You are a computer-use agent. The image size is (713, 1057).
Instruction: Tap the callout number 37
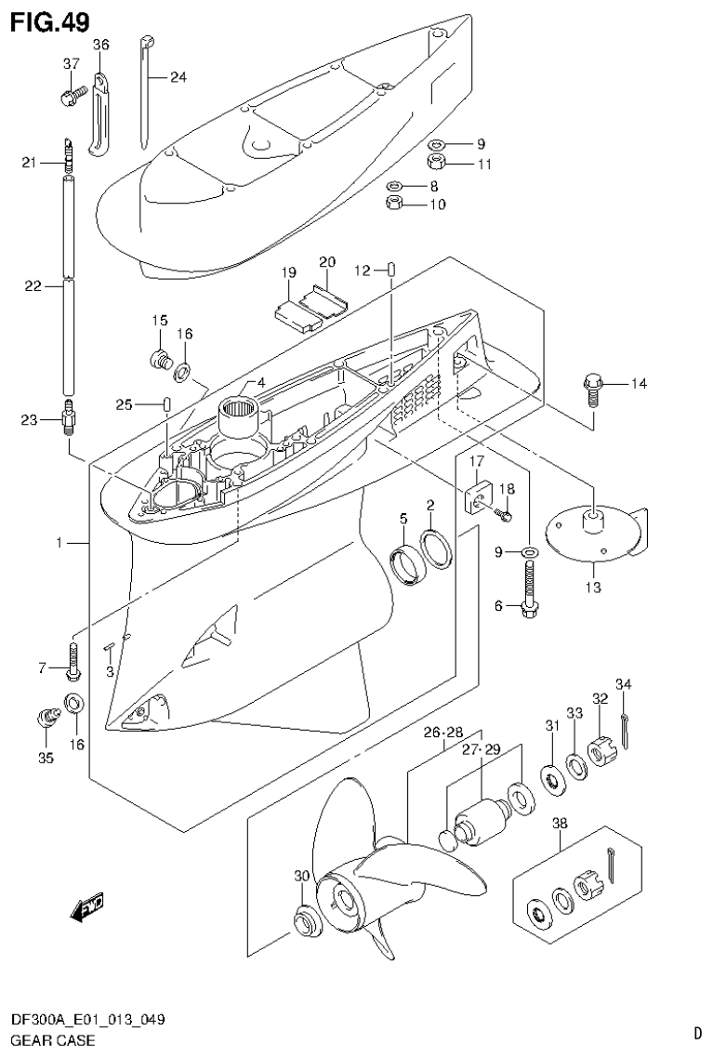[x=72, y=63]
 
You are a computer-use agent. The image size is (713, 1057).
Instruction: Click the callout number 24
[x=178, y=77]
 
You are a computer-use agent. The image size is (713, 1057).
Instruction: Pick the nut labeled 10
[x=394, y=202]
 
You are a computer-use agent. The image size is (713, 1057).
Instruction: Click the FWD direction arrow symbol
[x=87, y=906]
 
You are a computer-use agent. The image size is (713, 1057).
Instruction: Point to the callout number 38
[x=560, y=821]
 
